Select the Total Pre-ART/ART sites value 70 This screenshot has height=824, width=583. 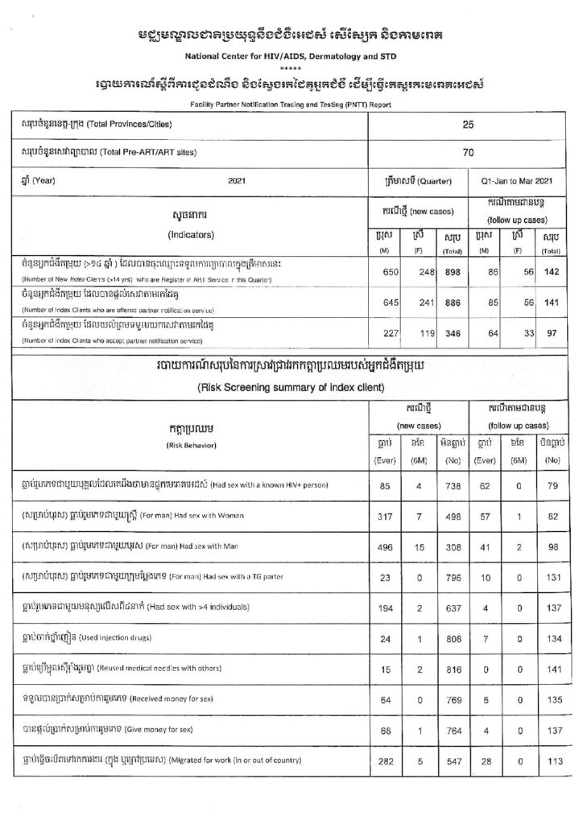468,152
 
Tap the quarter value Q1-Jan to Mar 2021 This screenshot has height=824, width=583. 515,181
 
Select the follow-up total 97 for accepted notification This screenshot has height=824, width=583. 550,332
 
